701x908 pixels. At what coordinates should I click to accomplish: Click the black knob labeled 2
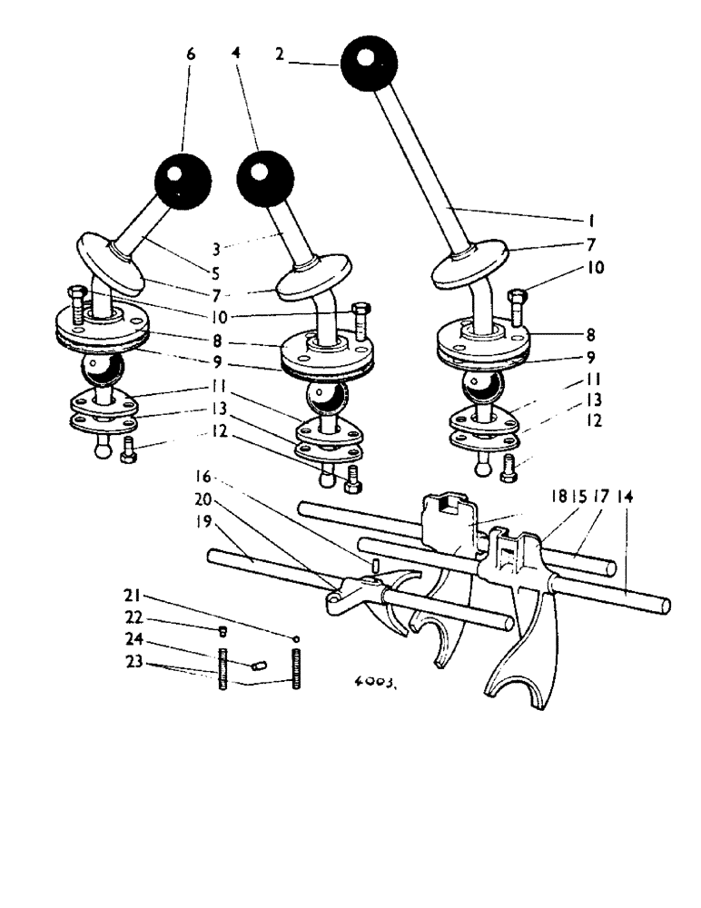click(x=369, y=63)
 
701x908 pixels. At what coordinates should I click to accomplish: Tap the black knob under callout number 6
click(x=183, y=180)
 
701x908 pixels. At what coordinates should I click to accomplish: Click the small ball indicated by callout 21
click(x=296, y=638)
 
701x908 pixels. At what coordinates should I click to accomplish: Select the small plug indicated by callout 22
click(x=222, y=632)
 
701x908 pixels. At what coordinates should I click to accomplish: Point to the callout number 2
click(x=281, y=54)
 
